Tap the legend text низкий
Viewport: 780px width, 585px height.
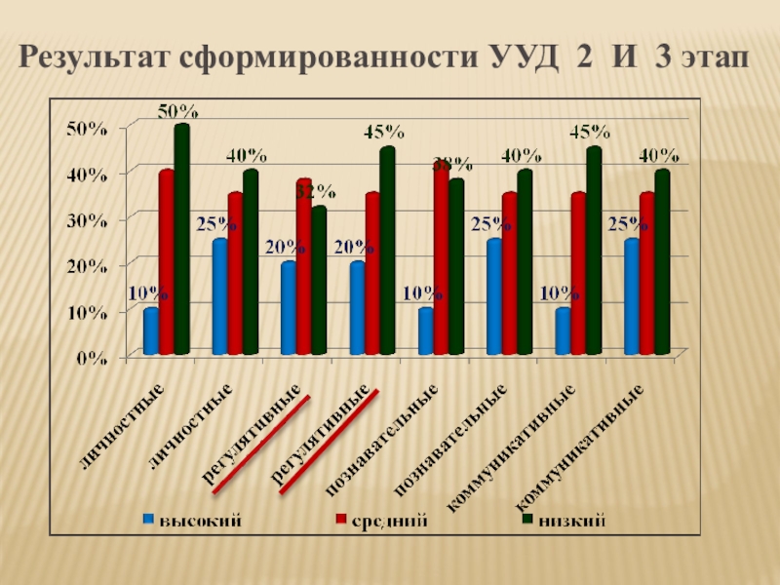click(573, 522)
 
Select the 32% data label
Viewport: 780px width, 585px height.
click(315, 191)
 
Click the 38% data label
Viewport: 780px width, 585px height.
click(452, 163)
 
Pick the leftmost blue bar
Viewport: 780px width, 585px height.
click(150, 331)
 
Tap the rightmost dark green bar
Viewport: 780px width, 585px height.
click(663, 262)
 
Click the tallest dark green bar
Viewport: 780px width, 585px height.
click(181, 239)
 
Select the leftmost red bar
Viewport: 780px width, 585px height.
click(166, 262)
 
